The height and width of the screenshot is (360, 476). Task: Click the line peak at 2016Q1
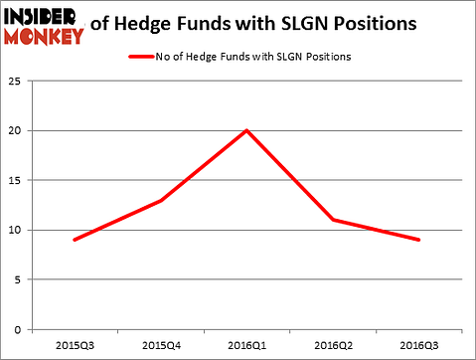(x=246, y=130)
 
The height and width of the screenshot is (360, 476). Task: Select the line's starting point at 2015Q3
(x=75, y=240)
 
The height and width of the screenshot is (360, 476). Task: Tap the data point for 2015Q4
(x=161, y=200)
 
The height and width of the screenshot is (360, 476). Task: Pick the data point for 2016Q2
(x=333, y=220)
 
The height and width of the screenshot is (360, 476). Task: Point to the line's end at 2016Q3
(x=418, y=240)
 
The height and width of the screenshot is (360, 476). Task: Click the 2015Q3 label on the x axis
(x=75, y=346)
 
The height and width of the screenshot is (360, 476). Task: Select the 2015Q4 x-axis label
(x=161, y=346)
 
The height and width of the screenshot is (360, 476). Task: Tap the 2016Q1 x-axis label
(x=246, y=346)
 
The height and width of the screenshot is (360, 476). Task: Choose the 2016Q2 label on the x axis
(x=333, y=346)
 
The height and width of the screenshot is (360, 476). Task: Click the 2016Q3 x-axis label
(x=418, y=346)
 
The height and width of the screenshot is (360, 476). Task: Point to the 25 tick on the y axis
(x=18, y=81)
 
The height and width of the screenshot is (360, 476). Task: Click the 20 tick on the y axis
(x=18, y=130)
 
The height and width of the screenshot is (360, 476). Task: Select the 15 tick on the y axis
(x=18, y=180)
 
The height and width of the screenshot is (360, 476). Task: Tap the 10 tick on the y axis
(x=18, y=230)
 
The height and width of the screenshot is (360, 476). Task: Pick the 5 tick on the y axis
(x=21, y=279)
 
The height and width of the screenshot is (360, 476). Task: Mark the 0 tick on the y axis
(x=21, y=329)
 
